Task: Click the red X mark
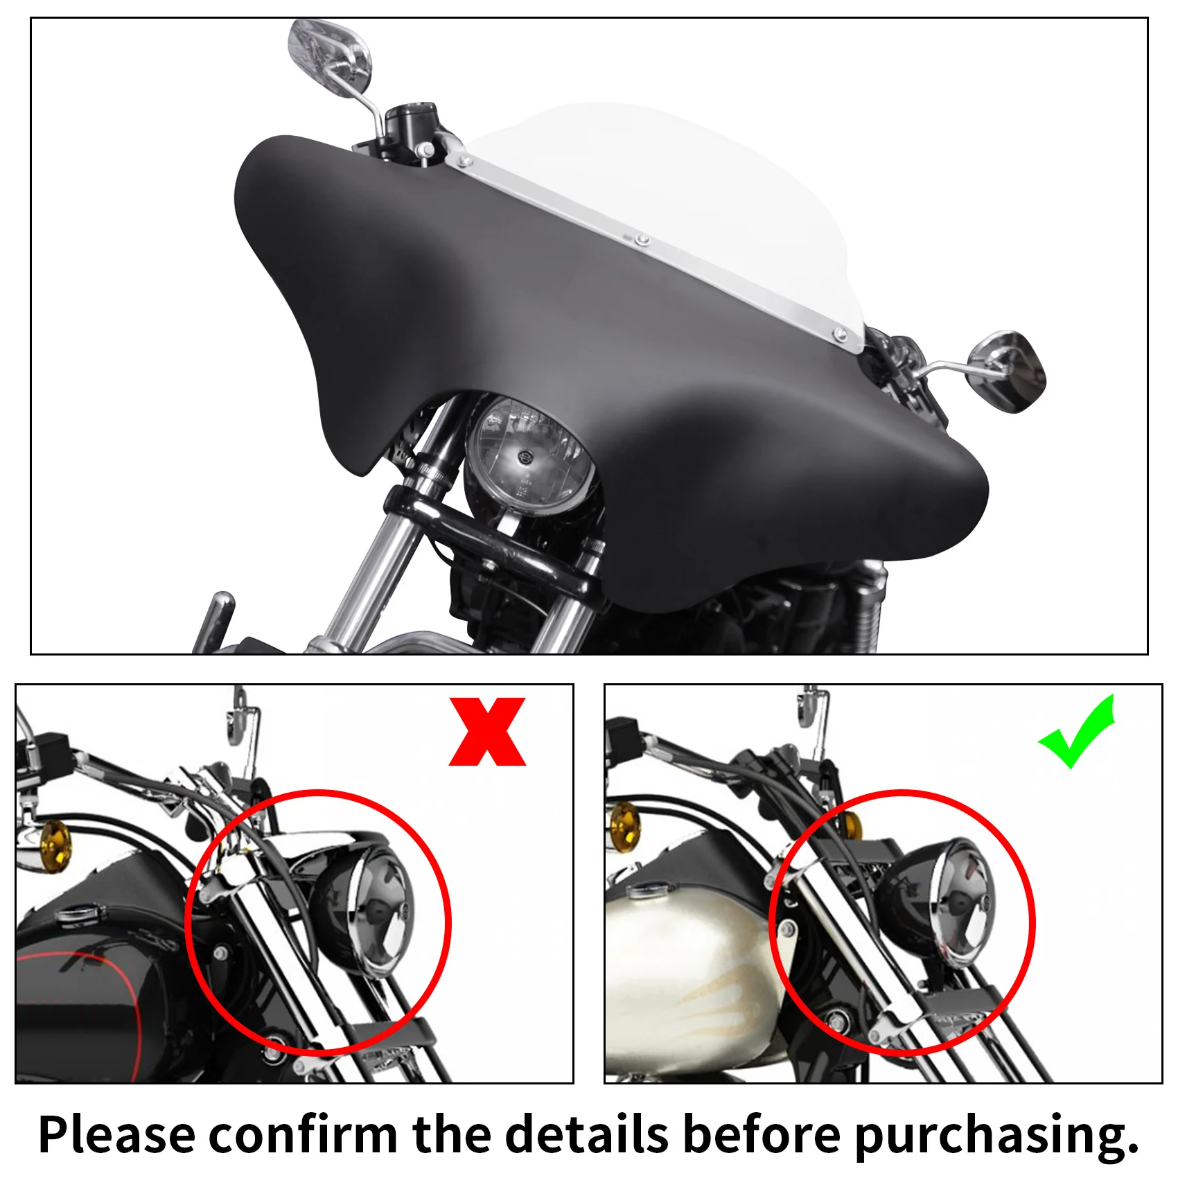coord(487,732)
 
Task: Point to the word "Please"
coord(116,1135)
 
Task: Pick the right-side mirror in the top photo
coord(1009,371)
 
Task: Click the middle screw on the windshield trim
coord(642,240)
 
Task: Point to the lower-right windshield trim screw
coord(841,337)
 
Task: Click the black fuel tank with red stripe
coord(83,984)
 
